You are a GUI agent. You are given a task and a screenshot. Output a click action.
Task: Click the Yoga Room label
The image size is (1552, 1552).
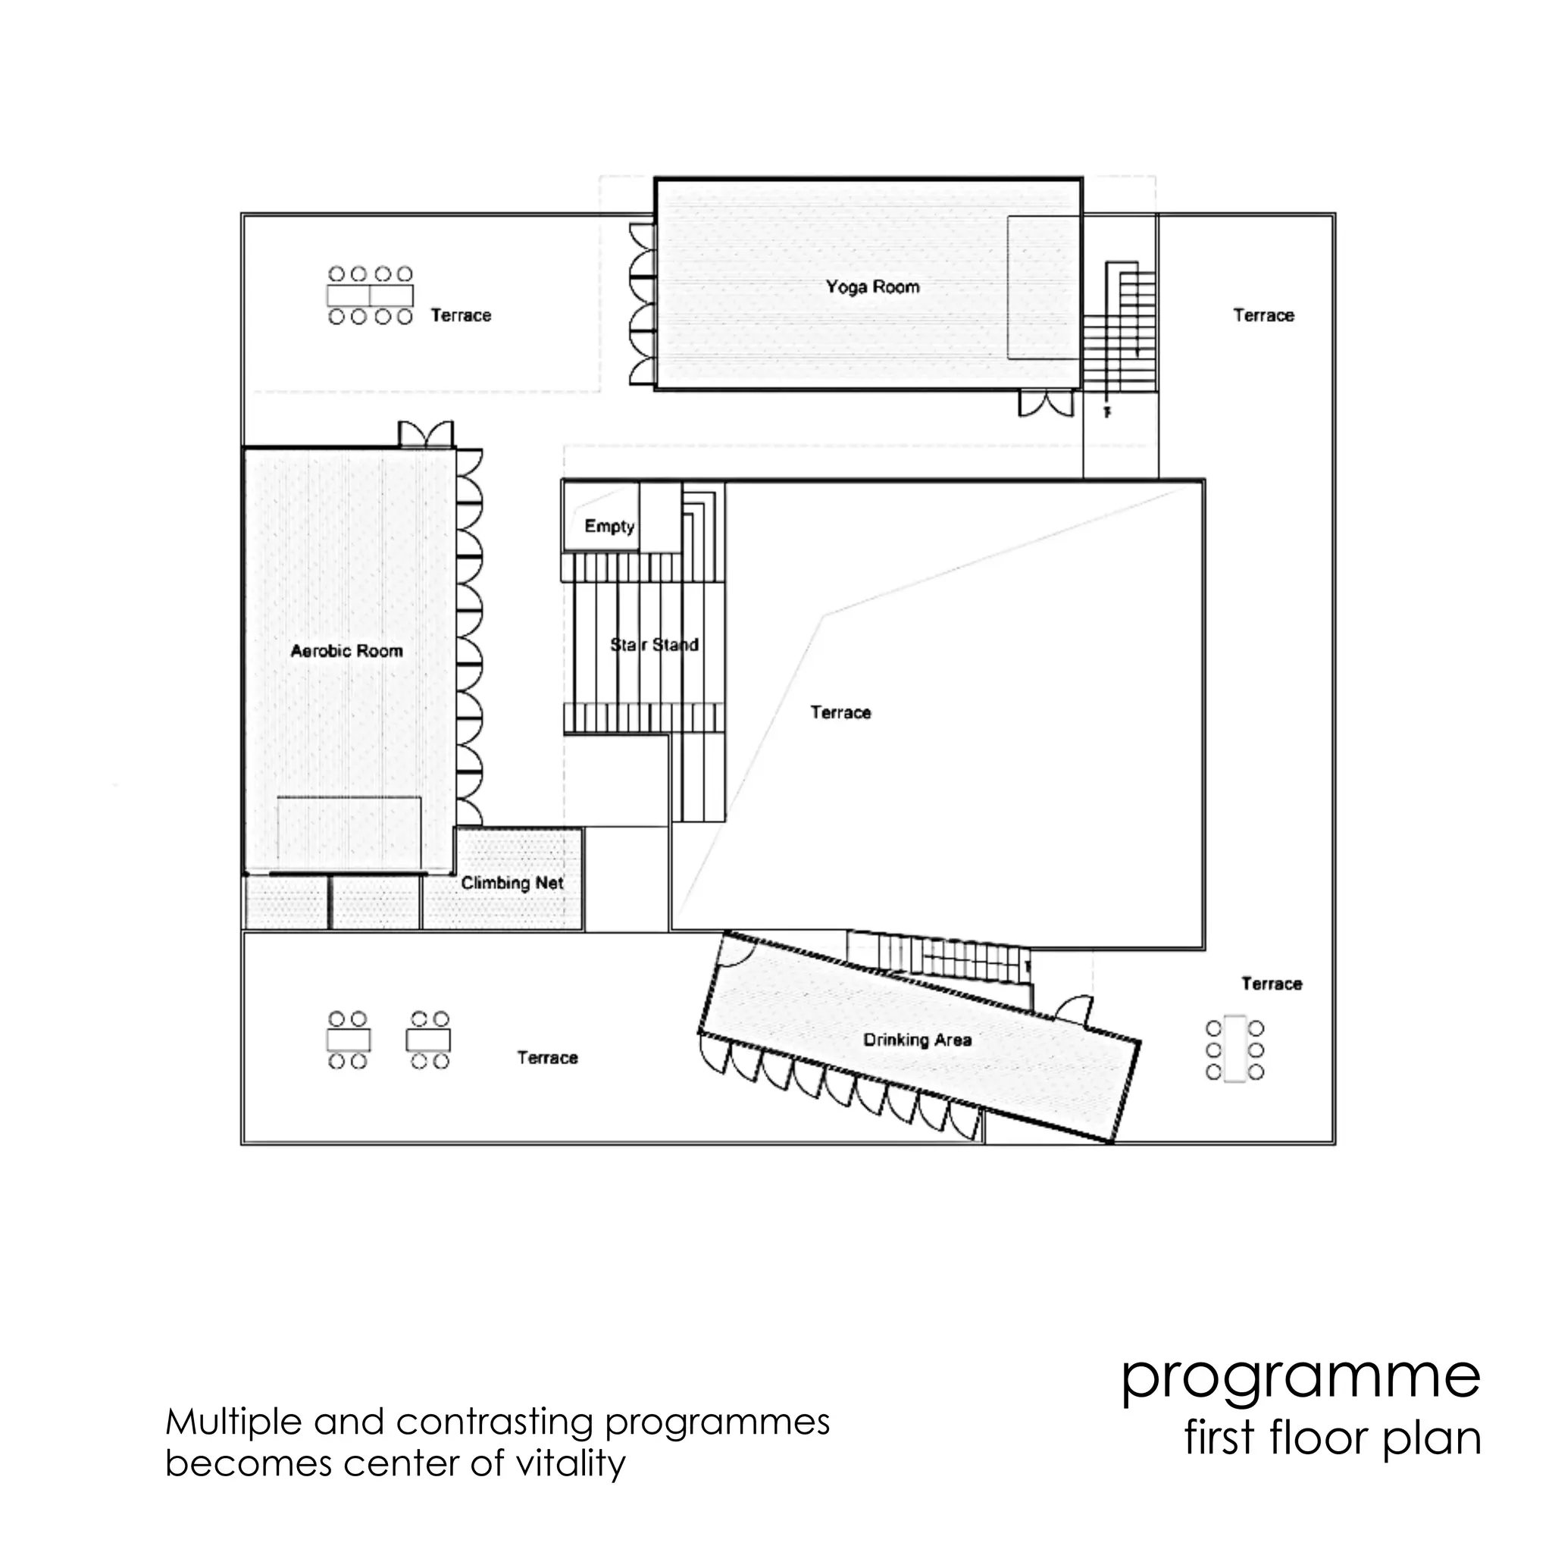872,286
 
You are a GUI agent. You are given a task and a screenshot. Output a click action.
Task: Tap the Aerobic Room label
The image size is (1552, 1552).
346,651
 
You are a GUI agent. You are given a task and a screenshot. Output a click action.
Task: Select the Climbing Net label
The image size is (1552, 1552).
512,883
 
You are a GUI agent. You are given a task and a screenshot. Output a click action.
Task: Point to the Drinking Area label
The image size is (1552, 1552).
918,1040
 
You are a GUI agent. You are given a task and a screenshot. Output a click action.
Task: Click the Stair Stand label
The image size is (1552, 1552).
654,644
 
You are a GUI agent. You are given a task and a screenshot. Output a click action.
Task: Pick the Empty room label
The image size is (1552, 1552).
609,526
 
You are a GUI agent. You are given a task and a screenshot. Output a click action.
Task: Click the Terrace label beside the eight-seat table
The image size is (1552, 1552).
460,315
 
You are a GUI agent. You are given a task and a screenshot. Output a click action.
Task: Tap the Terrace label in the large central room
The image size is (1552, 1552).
840,712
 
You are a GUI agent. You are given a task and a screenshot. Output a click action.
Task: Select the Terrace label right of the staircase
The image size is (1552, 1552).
1263,315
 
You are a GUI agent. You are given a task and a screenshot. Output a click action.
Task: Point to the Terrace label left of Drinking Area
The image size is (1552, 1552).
547,1058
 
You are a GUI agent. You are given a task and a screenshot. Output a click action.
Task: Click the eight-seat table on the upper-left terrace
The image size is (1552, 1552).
371,296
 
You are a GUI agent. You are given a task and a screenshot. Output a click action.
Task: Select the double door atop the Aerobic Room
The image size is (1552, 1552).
426,434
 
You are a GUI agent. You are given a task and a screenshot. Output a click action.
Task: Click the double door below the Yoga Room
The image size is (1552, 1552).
1046,403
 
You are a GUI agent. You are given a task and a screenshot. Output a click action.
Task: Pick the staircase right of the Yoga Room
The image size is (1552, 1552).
1121,330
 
